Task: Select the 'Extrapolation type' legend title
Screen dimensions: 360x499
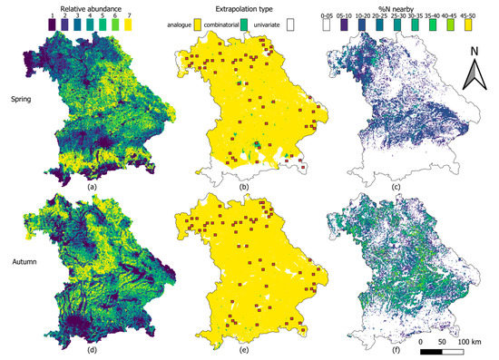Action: click(x=244, y=5)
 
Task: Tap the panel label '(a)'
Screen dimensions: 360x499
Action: click(x=91, y=185)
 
